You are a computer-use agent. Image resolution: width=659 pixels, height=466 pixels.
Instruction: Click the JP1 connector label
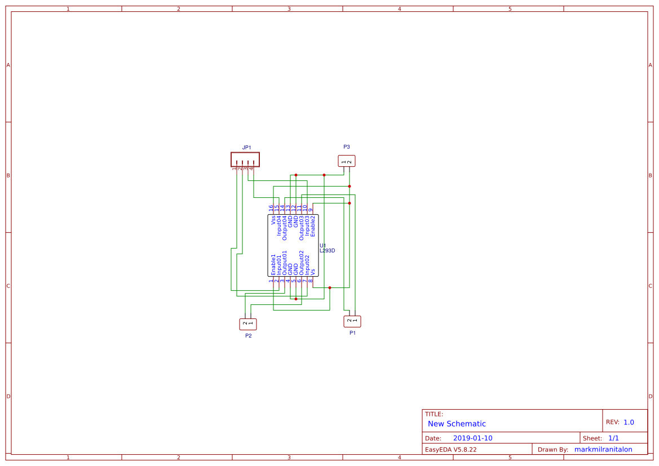pos(246,148)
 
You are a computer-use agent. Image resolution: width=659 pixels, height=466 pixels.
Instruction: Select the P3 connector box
pos(347,161)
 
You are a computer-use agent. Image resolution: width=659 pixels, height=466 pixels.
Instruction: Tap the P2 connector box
pos(248,324)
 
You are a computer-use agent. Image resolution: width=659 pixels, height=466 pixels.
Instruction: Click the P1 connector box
pos(352,321)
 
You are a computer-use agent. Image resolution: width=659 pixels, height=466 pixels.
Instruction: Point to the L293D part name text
pos(328,251)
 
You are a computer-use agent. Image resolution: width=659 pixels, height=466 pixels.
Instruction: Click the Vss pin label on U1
pos(273,220)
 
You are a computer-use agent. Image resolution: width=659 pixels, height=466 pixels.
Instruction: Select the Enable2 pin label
pos(313,225)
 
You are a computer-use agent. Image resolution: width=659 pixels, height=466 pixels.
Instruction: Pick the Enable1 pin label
pos(273,264)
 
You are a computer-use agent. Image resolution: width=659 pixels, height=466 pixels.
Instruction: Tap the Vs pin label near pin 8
pos(313,271)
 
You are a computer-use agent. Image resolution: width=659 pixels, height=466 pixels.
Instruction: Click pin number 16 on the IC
pos(271,208)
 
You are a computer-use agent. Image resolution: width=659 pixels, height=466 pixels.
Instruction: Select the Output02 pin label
pos(302,263)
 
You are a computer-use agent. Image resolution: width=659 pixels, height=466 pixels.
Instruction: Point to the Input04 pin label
pos(279,225)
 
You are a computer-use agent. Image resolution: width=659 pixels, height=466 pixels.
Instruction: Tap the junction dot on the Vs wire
pos(330,287)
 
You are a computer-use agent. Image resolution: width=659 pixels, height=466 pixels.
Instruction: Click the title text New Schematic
pos(457,424)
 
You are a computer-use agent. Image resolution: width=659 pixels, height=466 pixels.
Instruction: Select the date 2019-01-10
pos(472,438)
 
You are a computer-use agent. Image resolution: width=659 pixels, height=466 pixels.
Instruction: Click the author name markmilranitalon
pos(603,449)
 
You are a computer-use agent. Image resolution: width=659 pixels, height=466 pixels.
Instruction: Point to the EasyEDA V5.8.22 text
pos(450,449)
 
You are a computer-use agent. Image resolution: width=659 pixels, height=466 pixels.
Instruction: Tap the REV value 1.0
pos(629,422)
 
